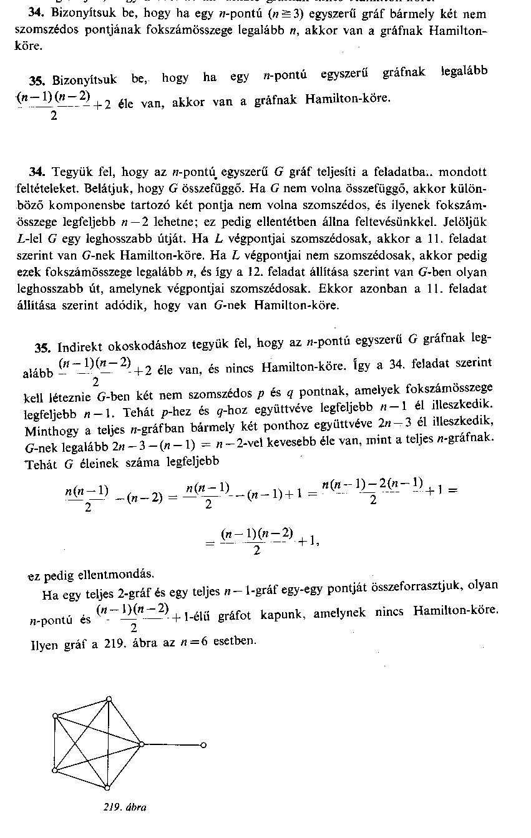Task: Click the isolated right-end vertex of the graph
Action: pyautogui.click(x=203, y=744)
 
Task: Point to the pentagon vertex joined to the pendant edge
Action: pyautogui.click(x=142, y=743)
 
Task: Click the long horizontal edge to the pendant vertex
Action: pyautogui.click(x=173, y=744)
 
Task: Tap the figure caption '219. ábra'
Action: pyautogui.click(x=125, y=807)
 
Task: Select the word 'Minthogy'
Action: pyautogui.click(x=46, y=431)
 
